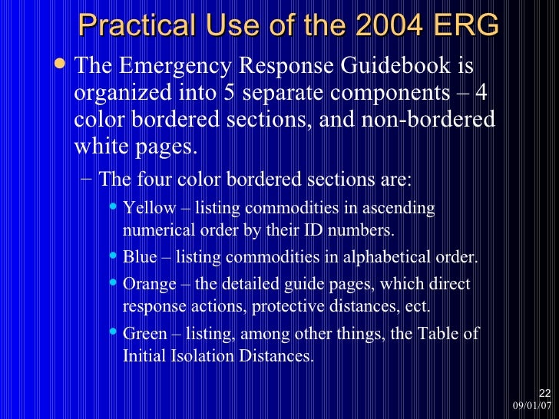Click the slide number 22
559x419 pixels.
pyautogui.click(x=544, y=392)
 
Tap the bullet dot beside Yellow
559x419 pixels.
pyautogui.click(x=114, y=208)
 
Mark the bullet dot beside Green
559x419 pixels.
pyautogui.click(x=114, y=333)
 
